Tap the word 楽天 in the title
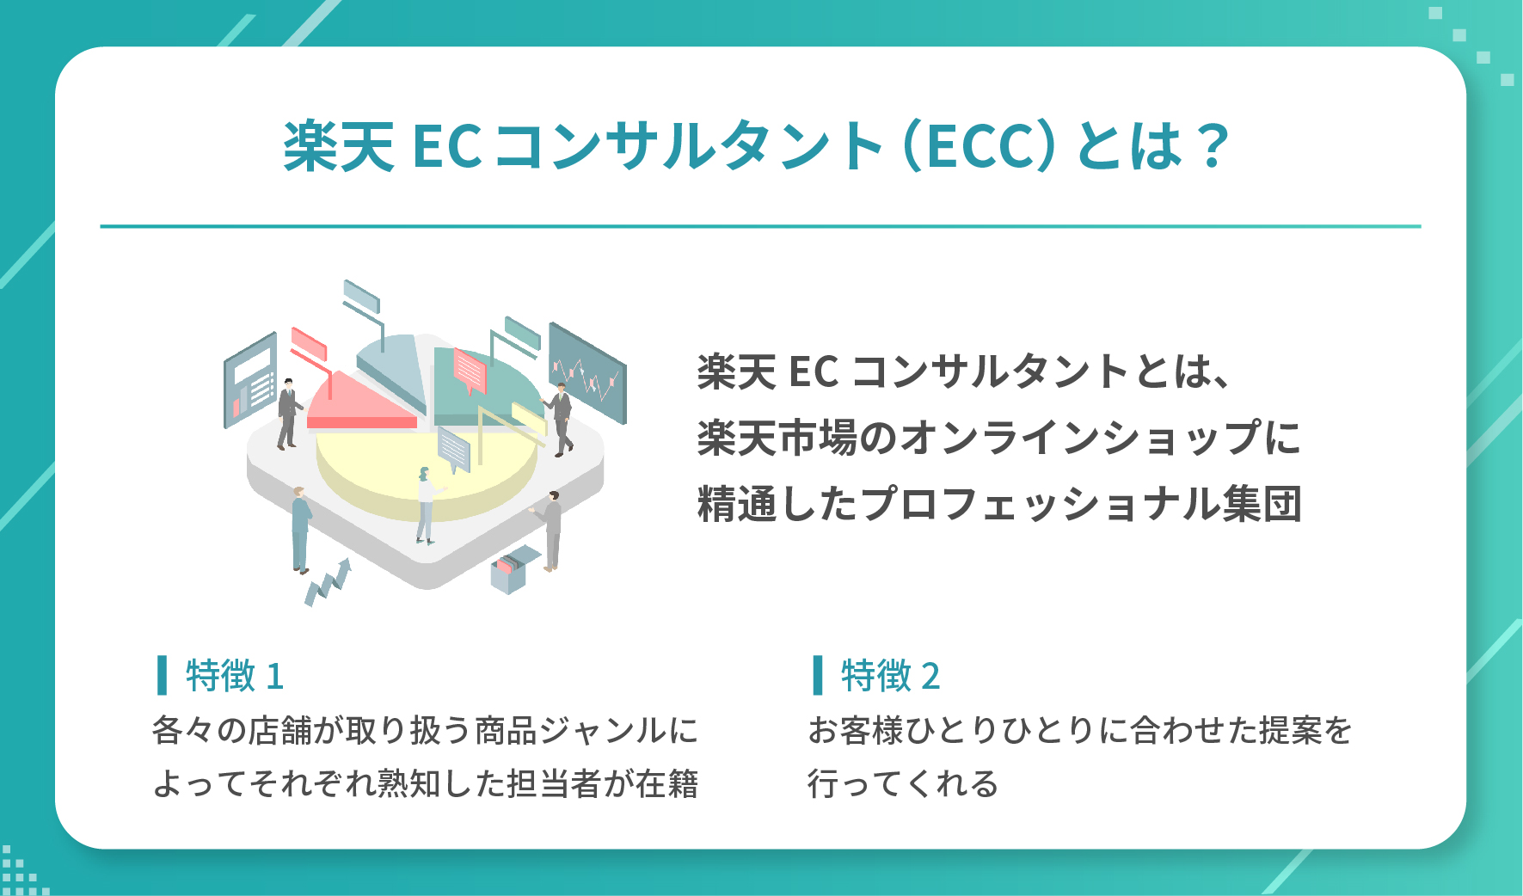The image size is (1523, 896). pyautogui.click(x=339, y=146)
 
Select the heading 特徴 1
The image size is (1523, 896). pyautogui.click(x=234, y=676)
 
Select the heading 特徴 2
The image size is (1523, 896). pyautogui.click(x=890, y=676)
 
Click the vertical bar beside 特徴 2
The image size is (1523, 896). pyautogui.click(x=818, y=675)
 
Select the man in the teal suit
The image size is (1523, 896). pyautogui.click(x=300, y=530)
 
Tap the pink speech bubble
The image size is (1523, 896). pyautogui.click(x=470, y=371)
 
